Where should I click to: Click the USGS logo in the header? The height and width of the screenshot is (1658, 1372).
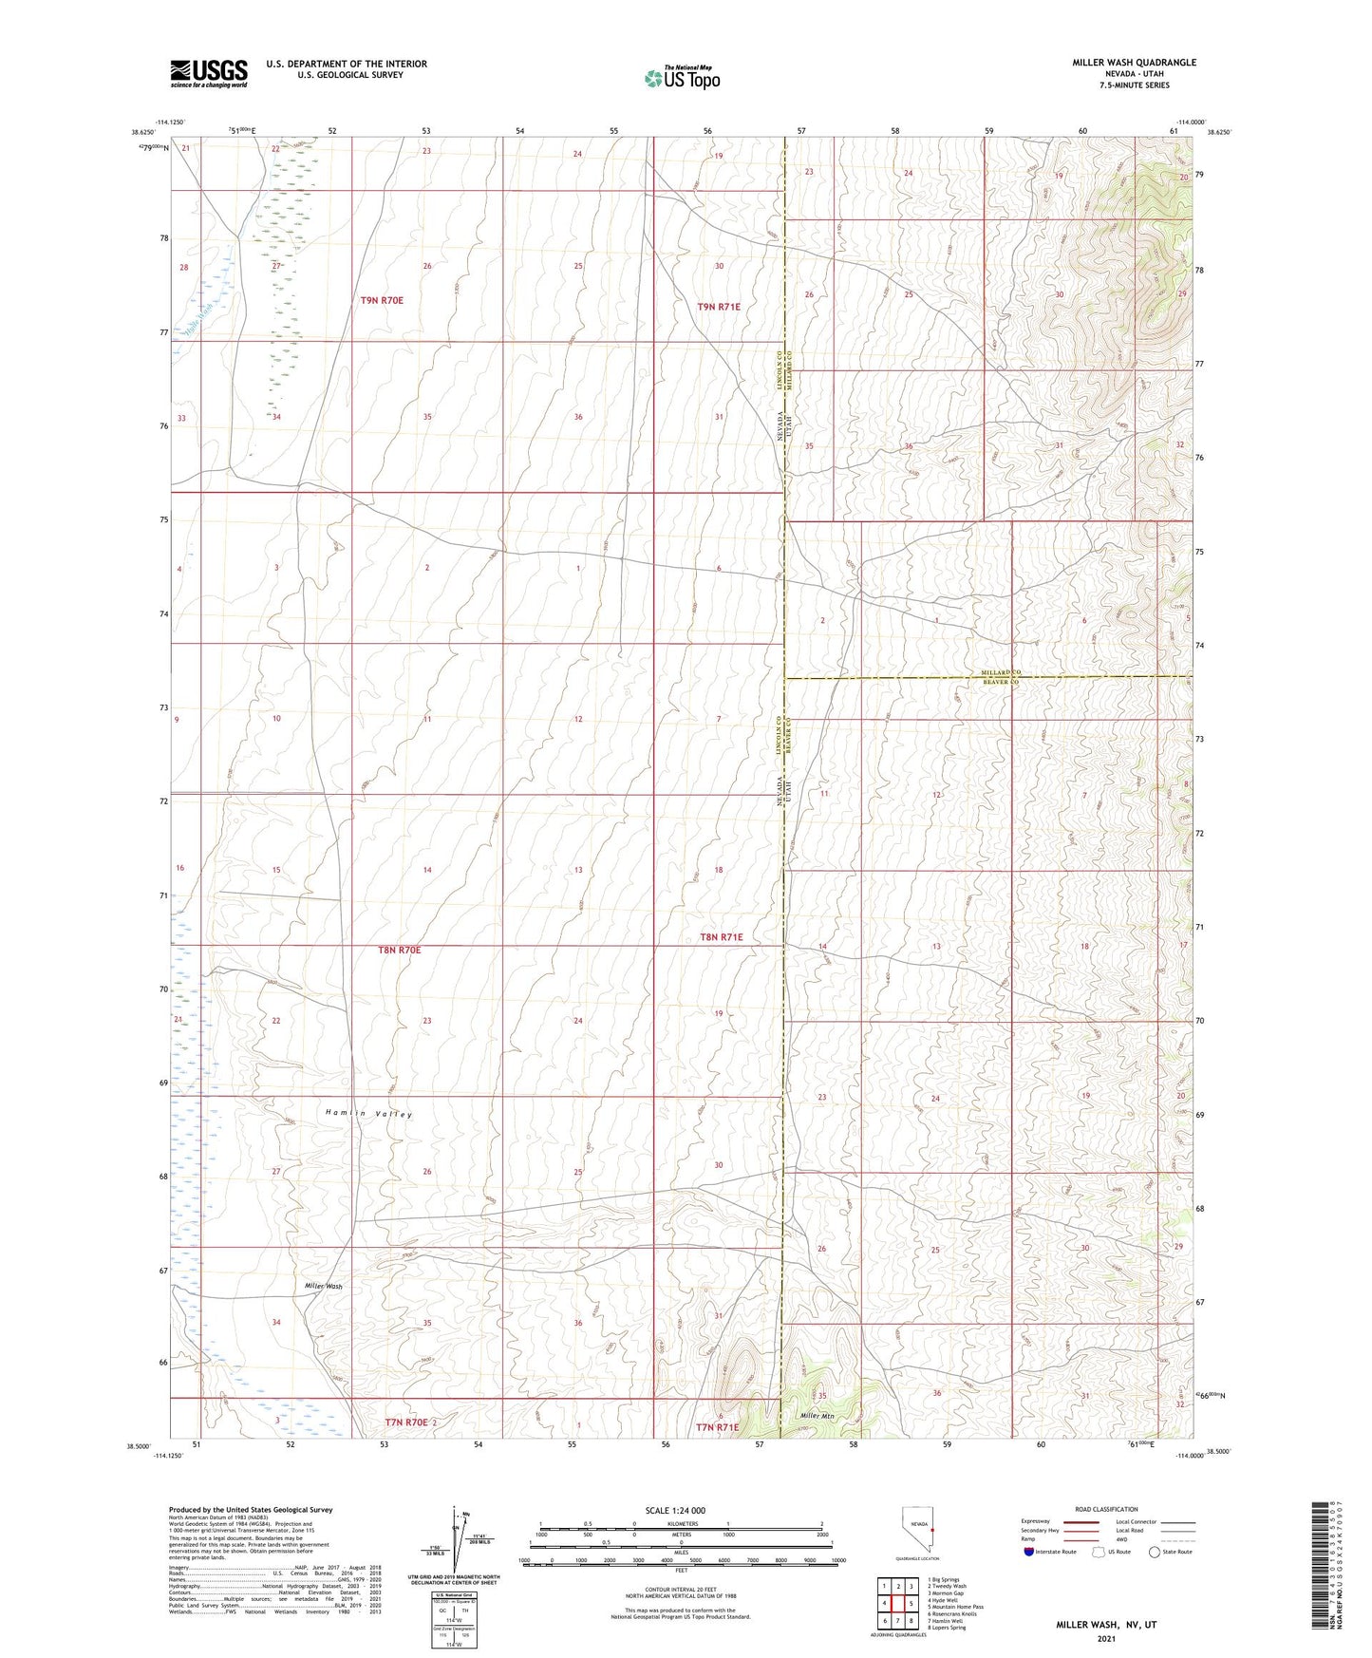(209, 73)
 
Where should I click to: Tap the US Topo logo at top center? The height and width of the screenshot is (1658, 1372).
(681, 79)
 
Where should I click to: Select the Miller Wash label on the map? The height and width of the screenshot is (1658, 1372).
(323, 1286)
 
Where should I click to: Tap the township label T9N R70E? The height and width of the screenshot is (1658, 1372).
(382, 300)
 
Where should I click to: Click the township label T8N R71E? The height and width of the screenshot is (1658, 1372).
(722, 937)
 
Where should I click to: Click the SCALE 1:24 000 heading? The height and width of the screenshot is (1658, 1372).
(675, 1511)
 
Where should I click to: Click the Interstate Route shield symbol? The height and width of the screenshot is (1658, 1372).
(1029, 1553)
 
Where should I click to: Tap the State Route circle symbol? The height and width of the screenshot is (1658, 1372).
(1155, 1553)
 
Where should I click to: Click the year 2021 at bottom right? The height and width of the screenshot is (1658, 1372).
(1106, 1638)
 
